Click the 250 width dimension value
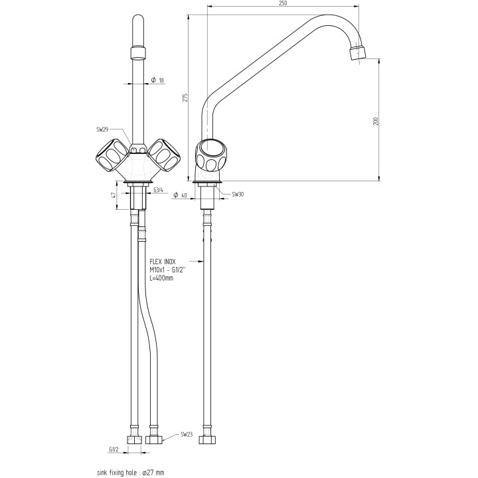tap(283, 3)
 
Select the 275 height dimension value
tap(186, 98)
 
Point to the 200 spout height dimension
tap(375, 121)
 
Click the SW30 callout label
tap(238, 195)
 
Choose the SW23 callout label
tap(188, 436)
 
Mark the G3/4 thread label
tap(159, 191)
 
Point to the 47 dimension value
tap(114, 195)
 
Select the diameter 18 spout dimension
tap(157, 80)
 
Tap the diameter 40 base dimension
tap(179, 195)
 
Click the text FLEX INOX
tap(163, 262)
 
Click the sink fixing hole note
tap(130, 473)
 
